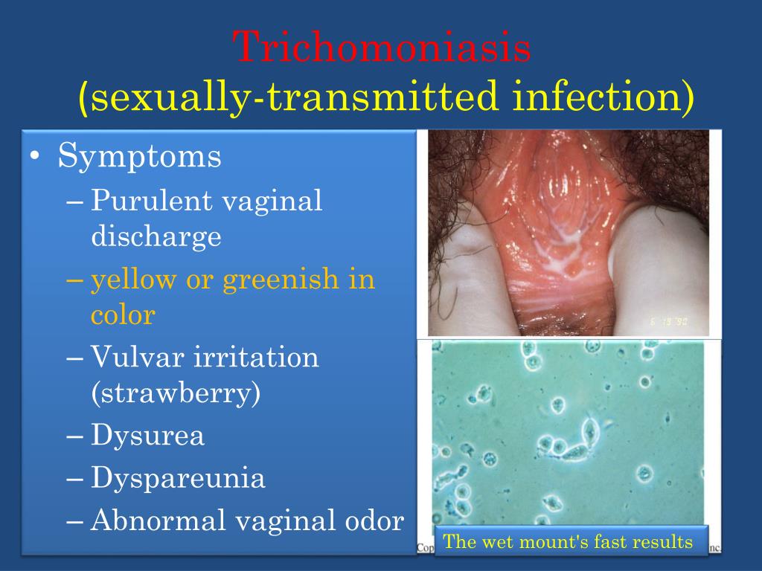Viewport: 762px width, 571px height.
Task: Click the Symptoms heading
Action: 140,157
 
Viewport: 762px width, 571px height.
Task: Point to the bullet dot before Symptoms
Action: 36,158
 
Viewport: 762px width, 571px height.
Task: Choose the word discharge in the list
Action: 156,236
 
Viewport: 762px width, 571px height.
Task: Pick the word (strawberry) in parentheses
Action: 176,393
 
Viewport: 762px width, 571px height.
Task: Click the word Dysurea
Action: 147,436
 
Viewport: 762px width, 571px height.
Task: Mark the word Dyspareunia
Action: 178,478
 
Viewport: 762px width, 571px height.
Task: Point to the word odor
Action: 374,521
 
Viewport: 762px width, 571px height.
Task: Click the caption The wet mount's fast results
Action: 568,542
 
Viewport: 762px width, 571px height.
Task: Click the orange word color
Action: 123,315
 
